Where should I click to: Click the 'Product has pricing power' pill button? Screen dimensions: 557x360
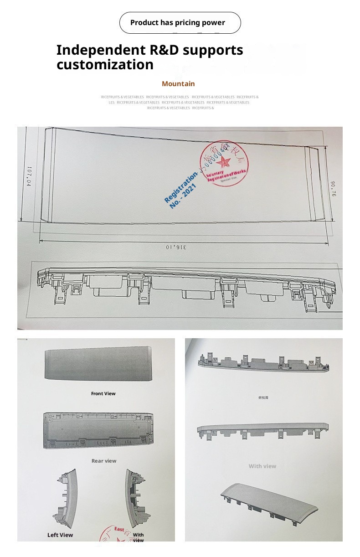pos(180,23)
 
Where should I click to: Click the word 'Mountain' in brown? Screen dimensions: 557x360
pos(178,84)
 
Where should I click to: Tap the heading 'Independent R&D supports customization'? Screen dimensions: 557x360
pos(149,57)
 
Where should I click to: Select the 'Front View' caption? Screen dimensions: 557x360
pos(103,393)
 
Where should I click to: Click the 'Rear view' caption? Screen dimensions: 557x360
pos(104,461)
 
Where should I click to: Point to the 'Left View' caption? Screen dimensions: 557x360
pos(60,535)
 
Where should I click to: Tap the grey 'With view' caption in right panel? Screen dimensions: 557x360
pos(262,466)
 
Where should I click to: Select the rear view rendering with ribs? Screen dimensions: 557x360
pos(98,431)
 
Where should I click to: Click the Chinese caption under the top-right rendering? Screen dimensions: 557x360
pos(263,397)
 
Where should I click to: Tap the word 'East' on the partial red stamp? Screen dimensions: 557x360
pos(119,529)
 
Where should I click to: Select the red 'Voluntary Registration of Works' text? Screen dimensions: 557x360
pos(226,175)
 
